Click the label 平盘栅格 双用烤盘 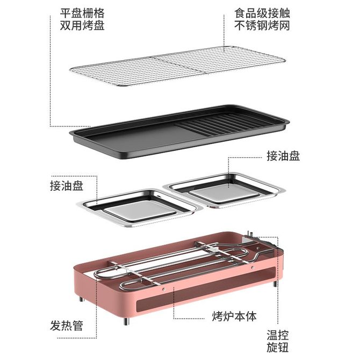[82, 19]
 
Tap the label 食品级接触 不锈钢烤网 [262, 19]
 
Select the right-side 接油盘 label [283, 156]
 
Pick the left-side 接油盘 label [67, 185]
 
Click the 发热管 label [67, 325]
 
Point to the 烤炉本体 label [234, 316]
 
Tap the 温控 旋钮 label [278, 341]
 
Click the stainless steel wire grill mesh [177, 66]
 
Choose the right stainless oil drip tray [225, 191]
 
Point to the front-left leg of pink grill [81, 299]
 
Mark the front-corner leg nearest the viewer [126, 321]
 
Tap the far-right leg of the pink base [275, 283]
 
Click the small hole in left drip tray [159, 197]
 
